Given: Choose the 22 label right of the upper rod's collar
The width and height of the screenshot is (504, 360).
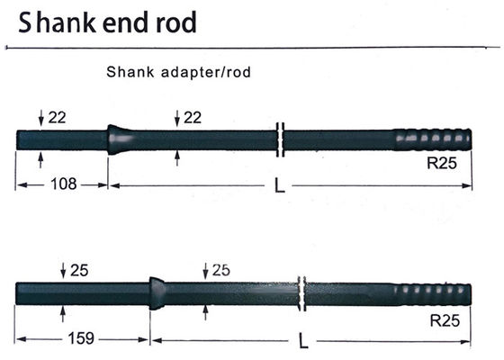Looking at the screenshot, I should pos(192,118).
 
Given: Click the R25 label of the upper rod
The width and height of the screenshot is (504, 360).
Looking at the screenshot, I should pos(442,165).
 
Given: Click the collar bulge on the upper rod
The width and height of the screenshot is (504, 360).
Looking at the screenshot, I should pos(116,139).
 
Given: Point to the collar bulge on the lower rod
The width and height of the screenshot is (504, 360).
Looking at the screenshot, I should pos(157,292).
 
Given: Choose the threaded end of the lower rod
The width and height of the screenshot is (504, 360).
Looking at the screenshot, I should pos(433,294).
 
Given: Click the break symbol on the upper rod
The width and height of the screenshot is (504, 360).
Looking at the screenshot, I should pos(281,140).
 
